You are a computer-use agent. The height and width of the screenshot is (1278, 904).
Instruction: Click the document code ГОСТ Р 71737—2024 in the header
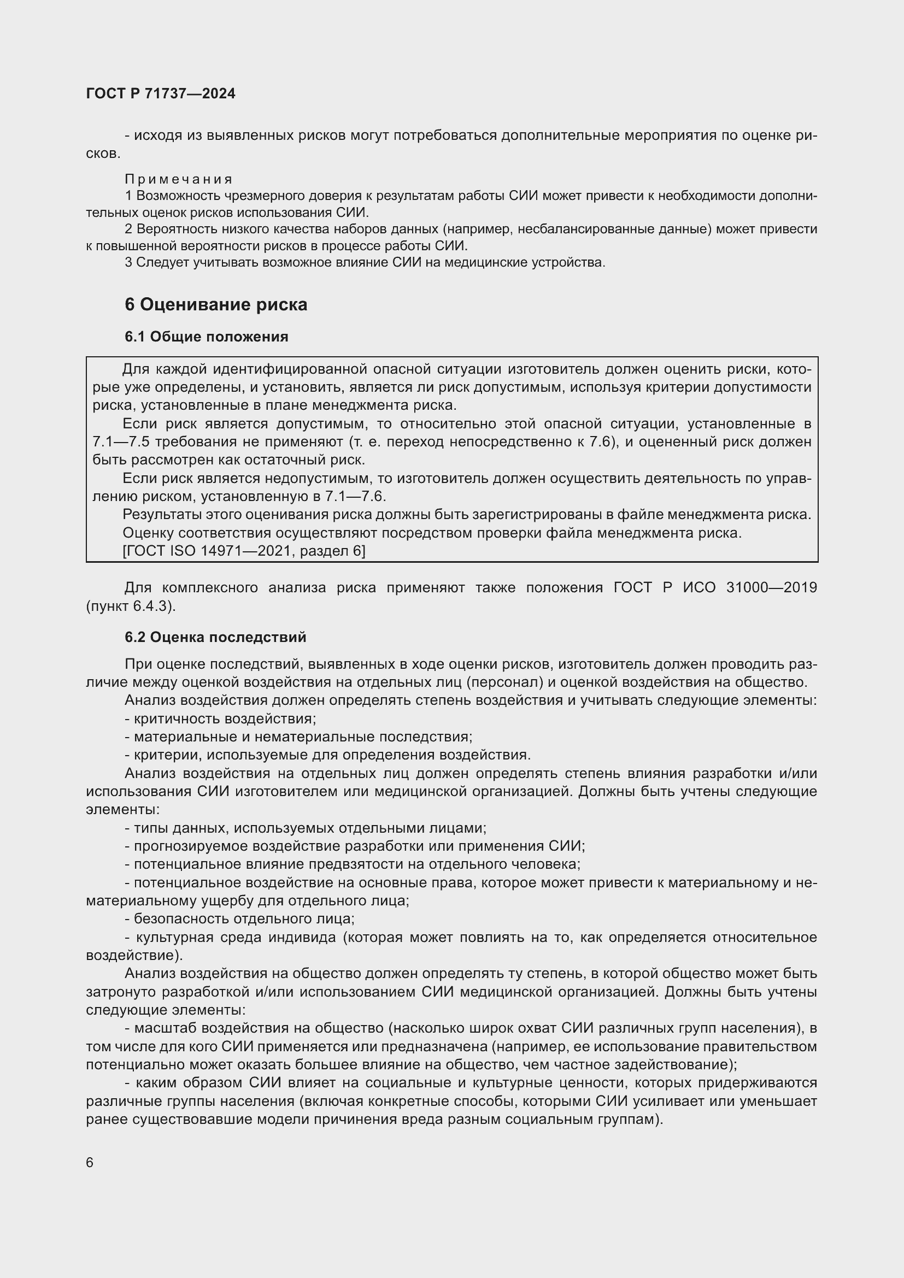point(161,93)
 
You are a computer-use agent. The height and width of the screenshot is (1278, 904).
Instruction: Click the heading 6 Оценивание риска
point(216,304)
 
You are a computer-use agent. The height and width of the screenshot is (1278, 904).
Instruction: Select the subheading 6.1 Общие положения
point(206,337)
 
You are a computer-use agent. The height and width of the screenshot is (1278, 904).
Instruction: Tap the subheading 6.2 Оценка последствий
point(215,637)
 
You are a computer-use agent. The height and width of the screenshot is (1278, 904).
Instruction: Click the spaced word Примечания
point(178,179)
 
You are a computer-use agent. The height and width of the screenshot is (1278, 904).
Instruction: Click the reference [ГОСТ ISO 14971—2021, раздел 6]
point(244,551)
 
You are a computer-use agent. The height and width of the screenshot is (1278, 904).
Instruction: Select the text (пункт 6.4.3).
point(131,606)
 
